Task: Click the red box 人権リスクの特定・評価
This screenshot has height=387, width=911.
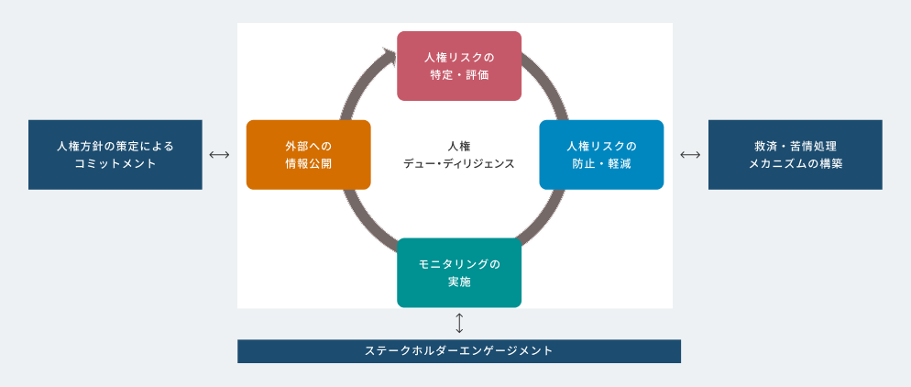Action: point(458,65)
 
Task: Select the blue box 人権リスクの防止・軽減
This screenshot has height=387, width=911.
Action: point(600,154)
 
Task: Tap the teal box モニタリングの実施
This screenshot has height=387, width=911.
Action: point(458,272)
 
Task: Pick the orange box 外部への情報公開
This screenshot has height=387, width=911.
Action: point(308,154)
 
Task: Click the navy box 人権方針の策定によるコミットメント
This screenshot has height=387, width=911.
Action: point(115,154)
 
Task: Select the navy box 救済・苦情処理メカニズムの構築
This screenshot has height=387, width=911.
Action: point(795,154)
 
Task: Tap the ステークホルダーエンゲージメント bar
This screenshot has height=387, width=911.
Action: point(458,350)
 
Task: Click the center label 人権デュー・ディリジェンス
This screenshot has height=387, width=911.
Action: point(458,154)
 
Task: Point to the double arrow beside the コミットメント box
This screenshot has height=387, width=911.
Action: point(218,154)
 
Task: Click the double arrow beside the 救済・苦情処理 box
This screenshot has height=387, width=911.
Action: point(690,154)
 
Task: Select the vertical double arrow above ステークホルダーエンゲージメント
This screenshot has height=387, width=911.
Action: point(459,323)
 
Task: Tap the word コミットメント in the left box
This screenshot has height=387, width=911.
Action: point(115,164)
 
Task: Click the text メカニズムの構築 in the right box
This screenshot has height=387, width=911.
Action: point(795,164)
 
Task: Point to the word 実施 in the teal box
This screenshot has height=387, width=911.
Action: point(458,282)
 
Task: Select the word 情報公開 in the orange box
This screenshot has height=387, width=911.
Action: point(308,164)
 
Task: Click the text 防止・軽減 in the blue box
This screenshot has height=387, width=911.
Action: point(600,164)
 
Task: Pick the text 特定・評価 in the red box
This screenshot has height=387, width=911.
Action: point(458,75)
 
